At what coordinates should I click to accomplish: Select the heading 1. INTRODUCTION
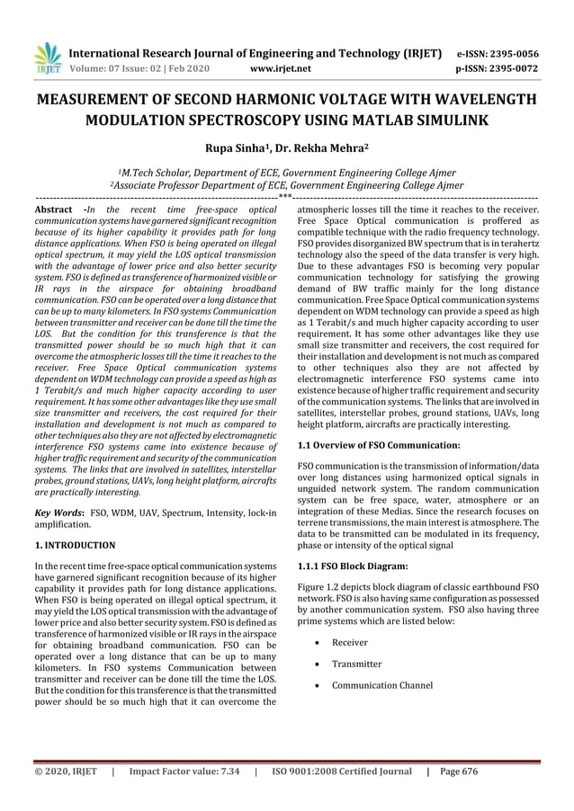pos(75,545)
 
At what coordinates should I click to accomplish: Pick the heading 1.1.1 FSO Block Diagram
pos(354,566)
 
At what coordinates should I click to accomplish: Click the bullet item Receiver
pos(350,643)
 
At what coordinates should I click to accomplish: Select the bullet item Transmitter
pos(356,664)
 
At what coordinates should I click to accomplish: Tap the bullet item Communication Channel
pos(381,686)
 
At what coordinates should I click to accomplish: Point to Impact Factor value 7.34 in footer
pos(184,771)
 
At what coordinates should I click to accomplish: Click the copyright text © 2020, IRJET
pos(66,771)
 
